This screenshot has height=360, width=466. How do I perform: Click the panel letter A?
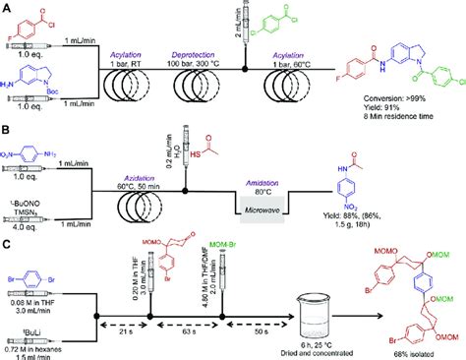(x=6, y=7)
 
